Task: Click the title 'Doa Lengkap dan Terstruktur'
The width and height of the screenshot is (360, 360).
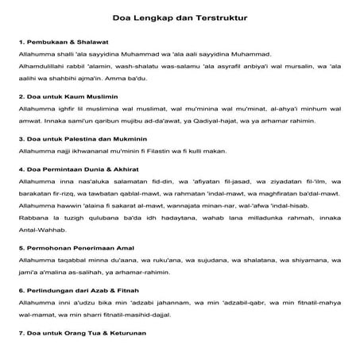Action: coord(179,14)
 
